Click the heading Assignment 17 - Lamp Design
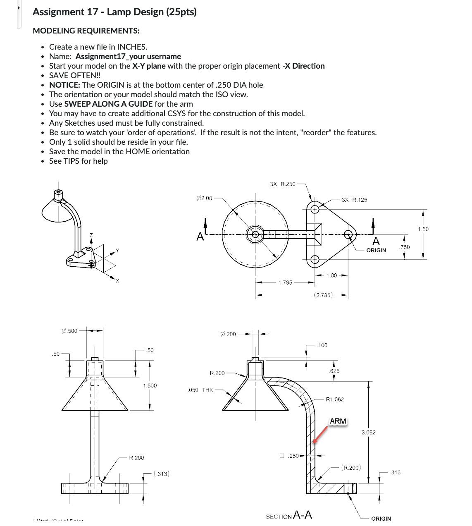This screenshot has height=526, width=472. point(114,12)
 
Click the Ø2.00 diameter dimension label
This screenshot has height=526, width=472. point(204,198)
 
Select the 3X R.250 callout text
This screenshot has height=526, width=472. point(283,184)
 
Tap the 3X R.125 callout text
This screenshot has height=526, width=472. point(354,200)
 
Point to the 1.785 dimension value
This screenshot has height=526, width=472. point(285,282)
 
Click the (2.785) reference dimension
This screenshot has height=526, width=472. point(324,295)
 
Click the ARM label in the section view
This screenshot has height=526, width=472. point(338,421)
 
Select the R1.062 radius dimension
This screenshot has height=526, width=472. point(335,399)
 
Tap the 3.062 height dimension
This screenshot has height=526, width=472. point(368,432)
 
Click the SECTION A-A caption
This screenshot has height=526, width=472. point(289,515)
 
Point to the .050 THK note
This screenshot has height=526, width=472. point(200,390)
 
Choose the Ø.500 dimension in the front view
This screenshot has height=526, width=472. point(69,330)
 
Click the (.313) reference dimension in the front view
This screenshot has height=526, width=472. point(161,473)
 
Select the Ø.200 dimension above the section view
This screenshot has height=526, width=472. point(228,334)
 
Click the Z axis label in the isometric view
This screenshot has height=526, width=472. point(91,235)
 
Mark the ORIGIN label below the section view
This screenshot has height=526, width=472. point(381,518)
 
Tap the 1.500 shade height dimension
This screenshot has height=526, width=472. point(150,385)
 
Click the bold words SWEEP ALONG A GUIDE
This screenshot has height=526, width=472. point(108,104)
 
